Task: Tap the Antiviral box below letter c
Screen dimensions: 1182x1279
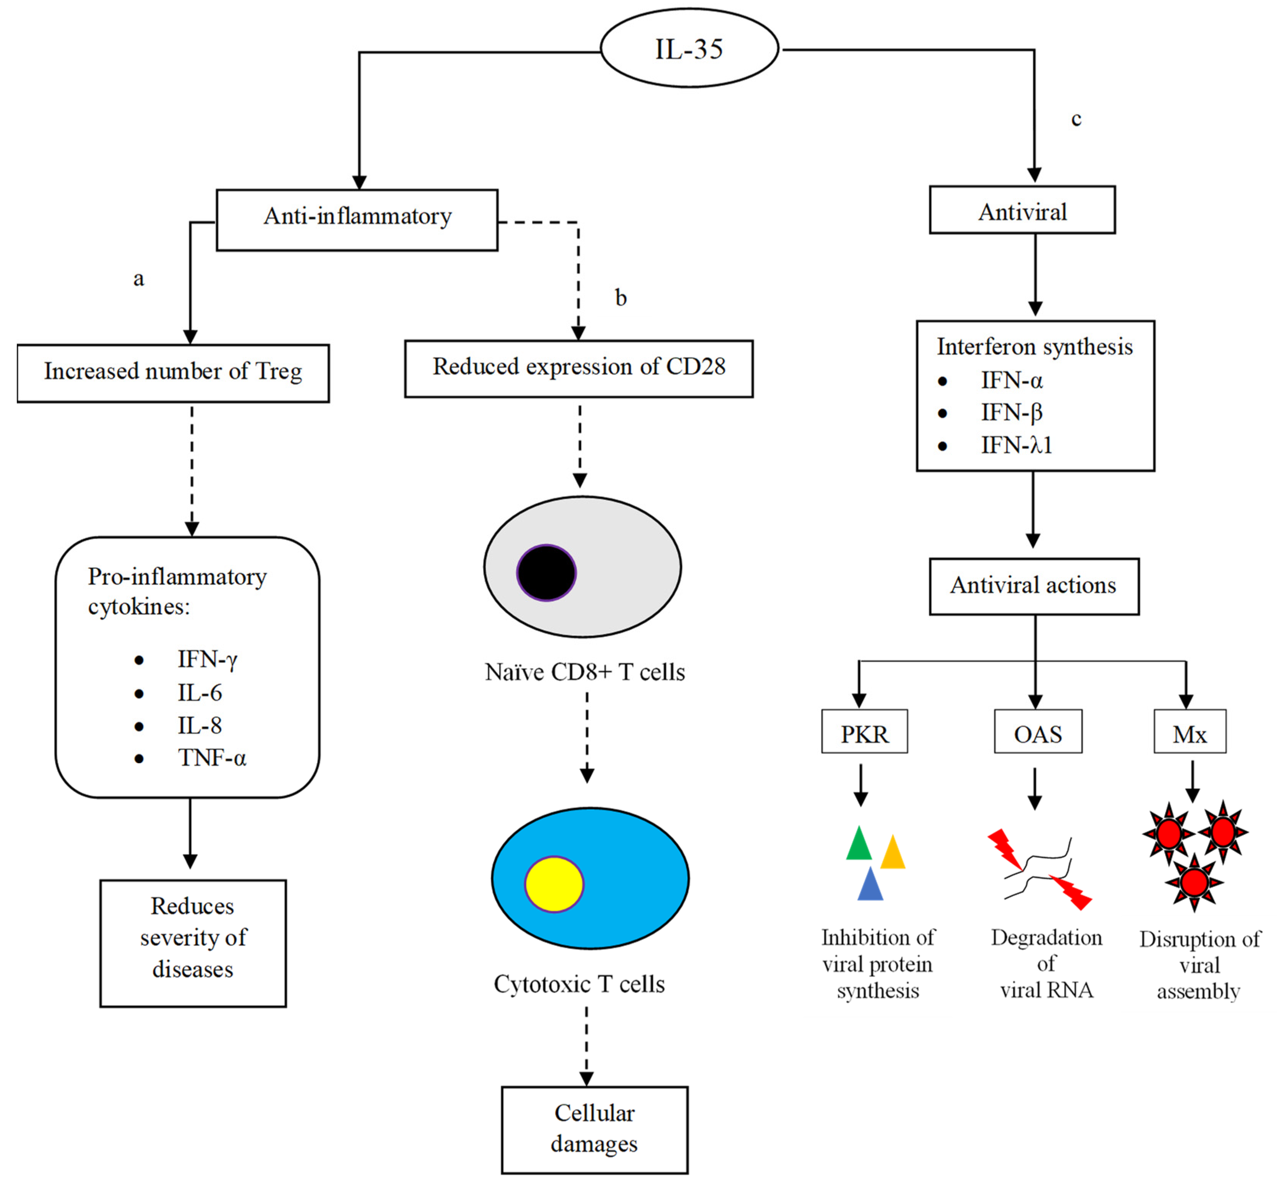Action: [1022, 210]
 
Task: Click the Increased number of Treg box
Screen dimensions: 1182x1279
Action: [173, 373]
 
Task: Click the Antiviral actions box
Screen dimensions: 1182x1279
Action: [1034, 586]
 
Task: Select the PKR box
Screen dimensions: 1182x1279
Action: [864, 731]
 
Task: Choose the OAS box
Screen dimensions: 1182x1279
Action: [1038, 731]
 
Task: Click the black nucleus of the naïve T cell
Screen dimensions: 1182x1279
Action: [546, 572]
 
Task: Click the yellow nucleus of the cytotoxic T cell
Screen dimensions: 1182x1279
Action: [554, 883]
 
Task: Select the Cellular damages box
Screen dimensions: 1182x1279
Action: [594, 1129]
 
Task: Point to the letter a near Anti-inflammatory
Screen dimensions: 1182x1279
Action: [138, 279]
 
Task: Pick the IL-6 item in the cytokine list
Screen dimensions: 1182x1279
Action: [200, 693]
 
